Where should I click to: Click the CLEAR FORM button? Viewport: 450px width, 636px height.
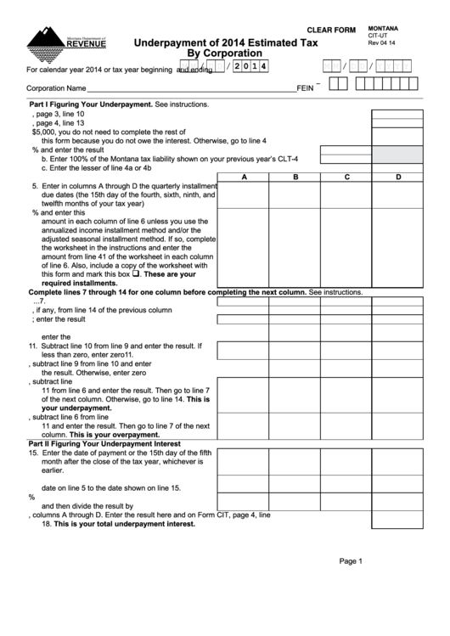click(331, 31)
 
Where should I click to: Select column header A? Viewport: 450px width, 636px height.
click(244, 177)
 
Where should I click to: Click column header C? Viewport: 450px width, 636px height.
click(346, 177)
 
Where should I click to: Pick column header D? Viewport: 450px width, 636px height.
click(398, 177)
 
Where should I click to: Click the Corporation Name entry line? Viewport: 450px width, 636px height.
click(191, 87)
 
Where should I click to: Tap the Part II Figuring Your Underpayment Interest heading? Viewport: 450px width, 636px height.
click(105, 444)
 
